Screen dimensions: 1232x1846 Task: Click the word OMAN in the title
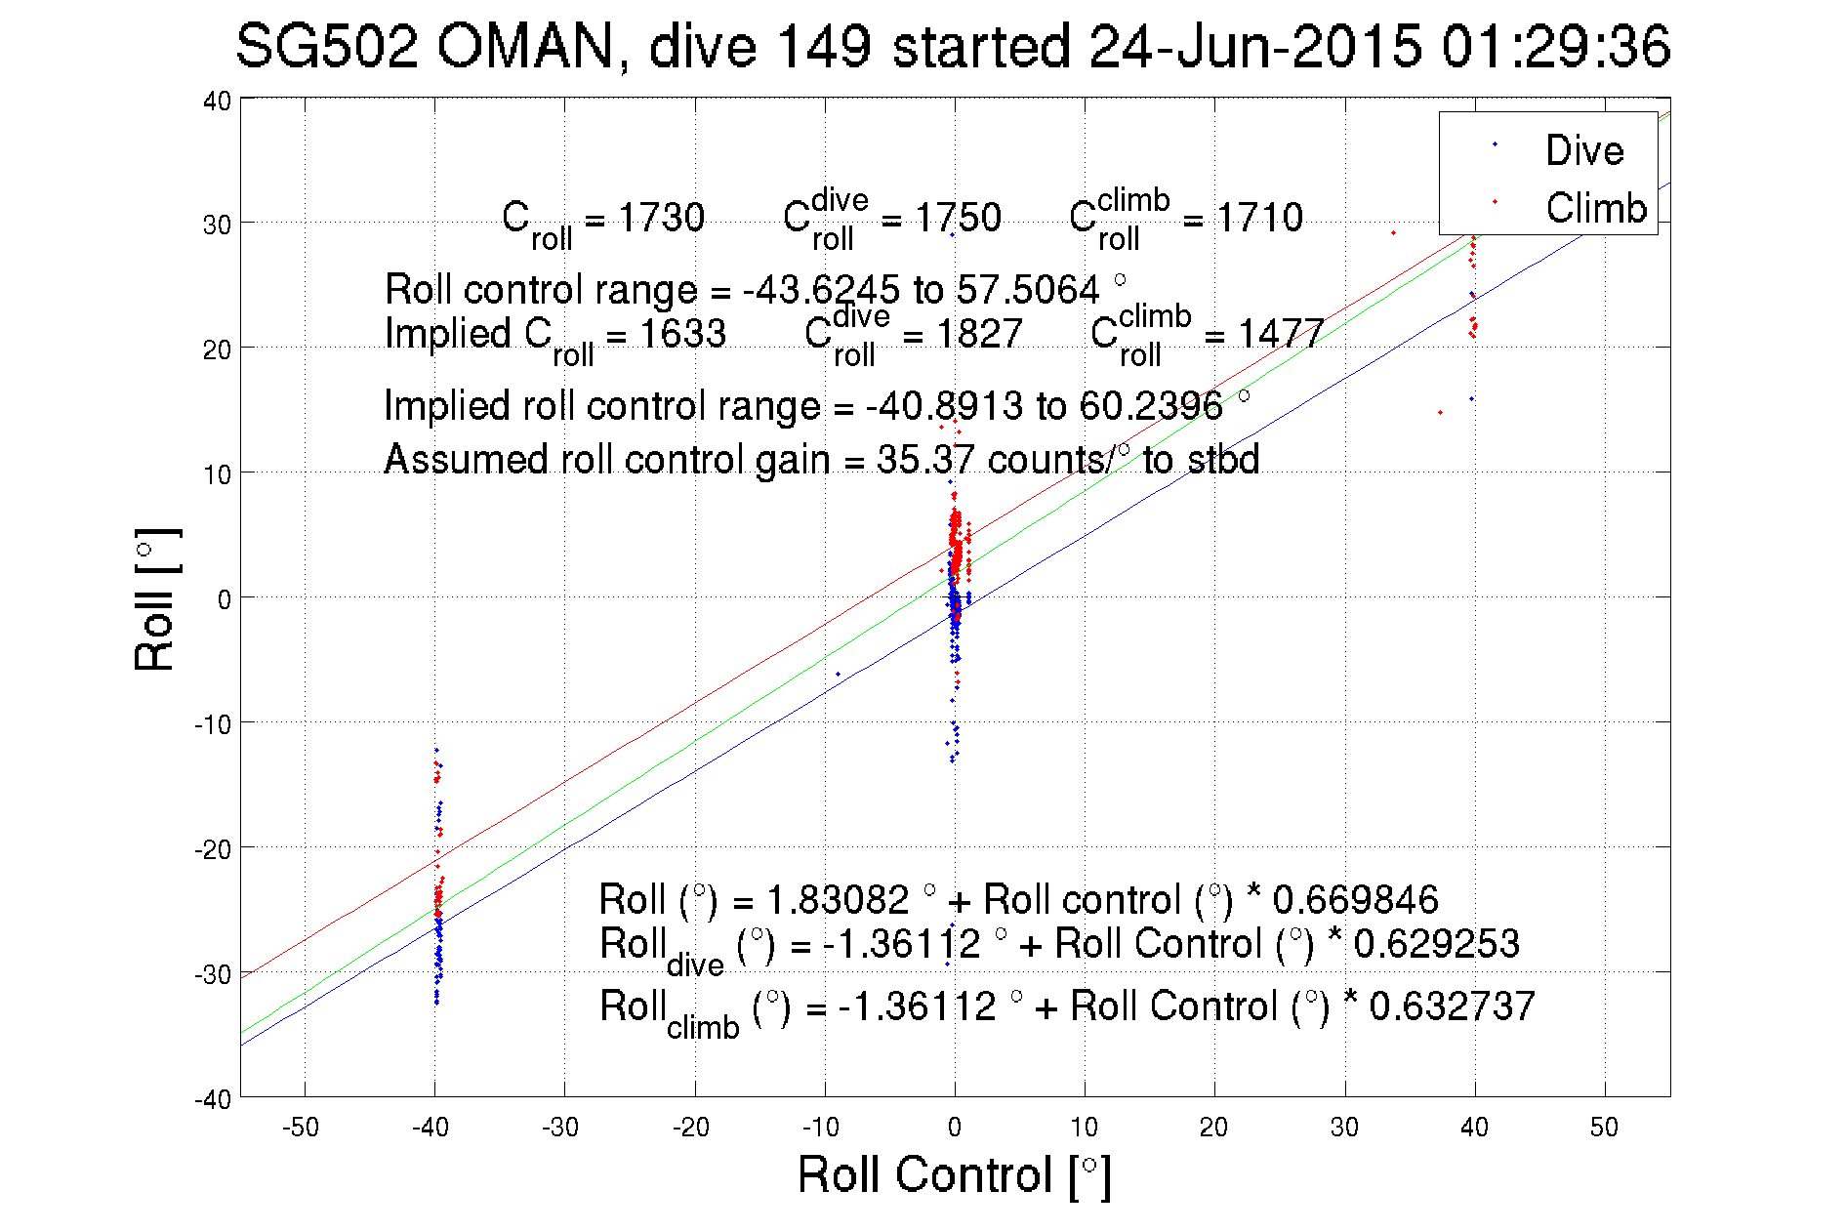coord(526,47)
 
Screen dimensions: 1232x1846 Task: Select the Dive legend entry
coord(1583,150)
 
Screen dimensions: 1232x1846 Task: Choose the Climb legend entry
coord(1595,208)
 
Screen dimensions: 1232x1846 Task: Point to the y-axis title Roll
coord(155,599)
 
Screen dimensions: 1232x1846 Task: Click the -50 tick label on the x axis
coord(301,1128)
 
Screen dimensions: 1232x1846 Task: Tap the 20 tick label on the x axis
coord(1213,1128)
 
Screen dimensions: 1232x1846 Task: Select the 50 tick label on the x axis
coord(1604,1128)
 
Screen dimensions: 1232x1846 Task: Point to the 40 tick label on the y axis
coord(217,101)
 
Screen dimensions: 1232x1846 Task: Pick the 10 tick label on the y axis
coord(217,474)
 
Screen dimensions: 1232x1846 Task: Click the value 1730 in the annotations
coord(661,218)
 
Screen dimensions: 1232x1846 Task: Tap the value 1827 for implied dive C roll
coord(979,334)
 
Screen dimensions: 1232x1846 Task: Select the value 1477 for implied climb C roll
coord(1281,334)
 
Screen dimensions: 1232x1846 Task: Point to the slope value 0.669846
coord(1355,899)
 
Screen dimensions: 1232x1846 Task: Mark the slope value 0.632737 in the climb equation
coord(1452,1006)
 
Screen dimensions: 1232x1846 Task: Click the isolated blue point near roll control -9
coord(838,674)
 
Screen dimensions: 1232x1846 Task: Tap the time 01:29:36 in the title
coord(1556,47)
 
